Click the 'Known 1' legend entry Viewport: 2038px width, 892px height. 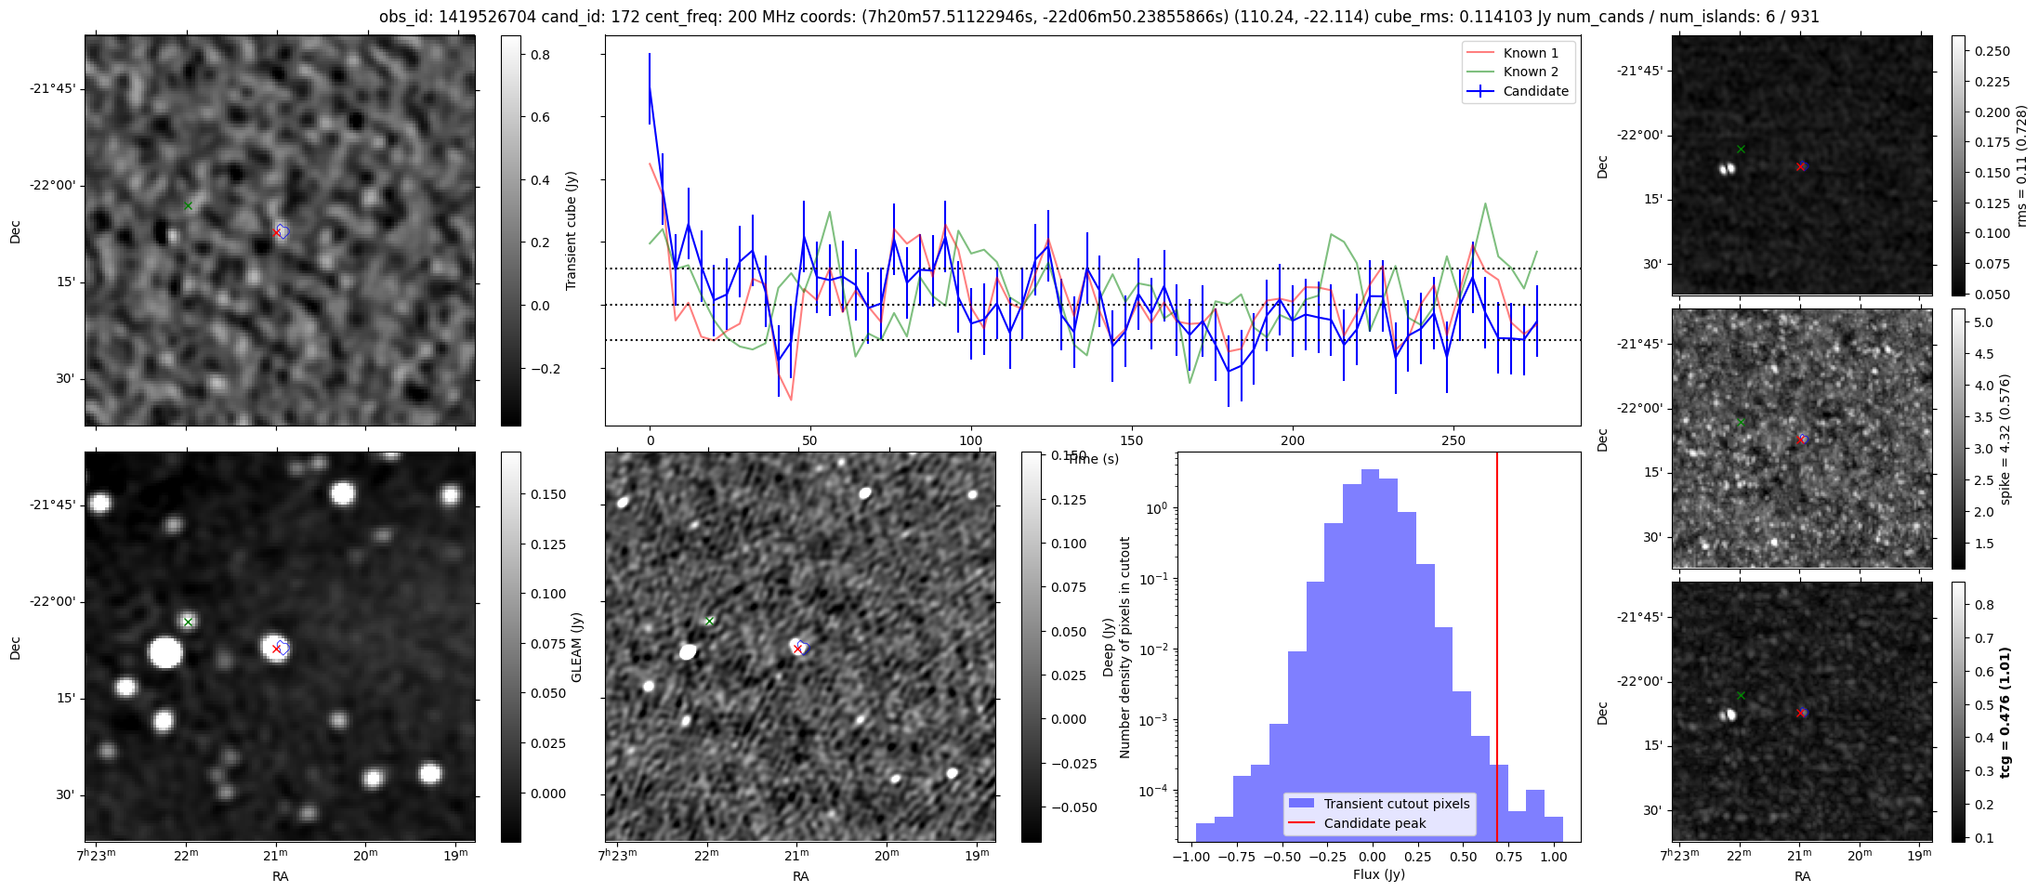tap(1530, 53)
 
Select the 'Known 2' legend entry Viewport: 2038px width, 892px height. tap(1530, 72)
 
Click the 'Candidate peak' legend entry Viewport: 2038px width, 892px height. tap(1374, 823)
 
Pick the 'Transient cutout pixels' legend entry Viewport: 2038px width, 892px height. tap(1397, 804)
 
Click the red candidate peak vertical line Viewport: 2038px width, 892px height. tap(1497, 650)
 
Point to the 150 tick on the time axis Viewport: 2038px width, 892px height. tap(1132, 440)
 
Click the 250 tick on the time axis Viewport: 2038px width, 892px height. tap(1453, 440)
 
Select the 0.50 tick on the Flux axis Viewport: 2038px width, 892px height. tap(1463, 857)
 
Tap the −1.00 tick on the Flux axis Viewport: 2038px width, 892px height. tap(1191, 857)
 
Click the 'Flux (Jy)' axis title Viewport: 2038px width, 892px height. tap(1379, 874)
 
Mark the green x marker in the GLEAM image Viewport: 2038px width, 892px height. tap(189, 622)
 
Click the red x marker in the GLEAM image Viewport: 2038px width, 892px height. tap(277, 649)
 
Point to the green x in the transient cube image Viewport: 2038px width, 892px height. tap(189, 205)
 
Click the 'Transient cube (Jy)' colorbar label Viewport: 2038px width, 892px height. tap(572, 230)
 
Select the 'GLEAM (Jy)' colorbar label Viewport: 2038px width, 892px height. tap(577, 647)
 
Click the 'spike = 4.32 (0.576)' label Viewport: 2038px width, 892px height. tap(2005, 439)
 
